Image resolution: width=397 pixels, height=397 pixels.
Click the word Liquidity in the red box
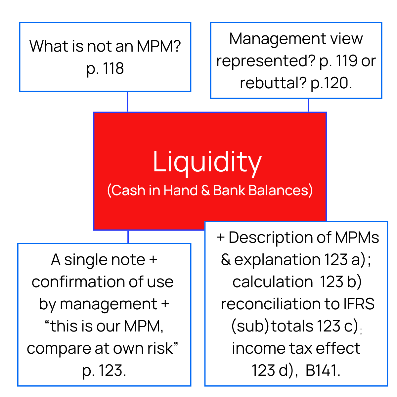(x=207, y=162)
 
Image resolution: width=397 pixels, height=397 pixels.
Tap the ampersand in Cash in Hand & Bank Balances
(x=205, y=191)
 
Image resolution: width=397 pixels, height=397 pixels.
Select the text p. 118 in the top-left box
(x=105, y=68)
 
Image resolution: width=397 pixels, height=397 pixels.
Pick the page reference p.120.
(x=331, y=83)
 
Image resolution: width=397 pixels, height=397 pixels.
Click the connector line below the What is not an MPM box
(x=127, y=102)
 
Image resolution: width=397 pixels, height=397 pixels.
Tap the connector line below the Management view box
(x=308, y=105)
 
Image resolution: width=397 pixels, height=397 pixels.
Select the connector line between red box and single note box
(x=128, y=237)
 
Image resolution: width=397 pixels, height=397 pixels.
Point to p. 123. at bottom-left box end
(x=104, y=371)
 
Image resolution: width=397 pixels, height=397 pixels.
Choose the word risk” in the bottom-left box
(x=163, y=348)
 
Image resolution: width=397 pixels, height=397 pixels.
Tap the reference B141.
(x=323, y=371)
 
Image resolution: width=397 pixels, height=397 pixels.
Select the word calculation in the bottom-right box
(x=273, y=282)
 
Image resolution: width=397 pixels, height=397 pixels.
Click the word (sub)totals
(x=272, y=326)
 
